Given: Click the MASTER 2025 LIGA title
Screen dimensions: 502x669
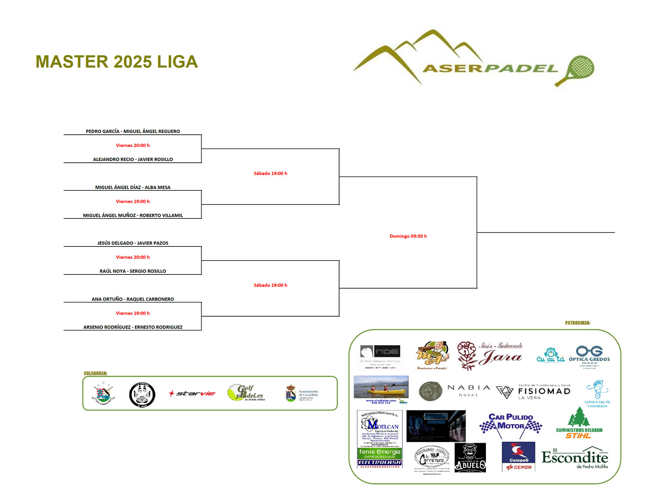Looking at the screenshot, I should [x=117, y=62].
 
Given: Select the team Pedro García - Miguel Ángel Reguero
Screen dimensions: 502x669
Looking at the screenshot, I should [x=133, y=131].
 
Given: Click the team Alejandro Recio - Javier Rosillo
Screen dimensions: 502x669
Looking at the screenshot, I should [x=133, y=159].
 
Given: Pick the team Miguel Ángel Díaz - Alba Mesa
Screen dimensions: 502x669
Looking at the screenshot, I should [x=133, y=187].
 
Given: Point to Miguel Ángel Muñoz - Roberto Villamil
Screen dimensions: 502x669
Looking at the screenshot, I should [x=133, y=215].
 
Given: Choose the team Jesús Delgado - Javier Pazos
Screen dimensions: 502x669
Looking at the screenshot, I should [x=133, y=243].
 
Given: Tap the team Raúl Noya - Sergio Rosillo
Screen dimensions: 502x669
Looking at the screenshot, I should [x=133, y=271].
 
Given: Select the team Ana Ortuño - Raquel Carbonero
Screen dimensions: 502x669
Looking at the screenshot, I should [x=133, y=299].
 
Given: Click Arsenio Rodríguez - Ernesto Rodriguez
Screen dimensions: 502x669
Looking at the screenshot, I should [x=133, y=327].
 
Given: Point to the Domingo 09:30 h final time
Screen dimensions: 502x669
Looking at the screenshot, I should [x=408, y=236].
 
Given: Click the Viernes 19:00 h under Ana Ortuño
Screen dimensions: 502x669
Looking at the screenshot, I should [x=133, y=313].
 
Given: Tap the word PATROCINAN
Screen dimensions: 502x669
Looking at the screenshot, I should [x=577, y=323].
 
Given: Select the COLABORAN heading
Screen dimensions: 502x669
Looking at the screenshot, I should [x=95, y=374].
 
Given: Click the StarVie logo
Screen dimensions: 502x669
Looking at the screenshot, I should [x=192, y=394].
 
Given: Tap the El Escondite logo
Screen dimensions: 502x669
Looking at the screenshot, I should [x=575, y=458].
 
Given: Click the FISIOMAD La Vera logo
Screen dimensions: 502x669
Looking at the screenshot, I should [x=534, y=392].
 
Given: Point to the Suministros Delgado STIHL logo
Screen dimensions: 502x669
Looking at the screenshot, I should [x=579, y=423].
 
